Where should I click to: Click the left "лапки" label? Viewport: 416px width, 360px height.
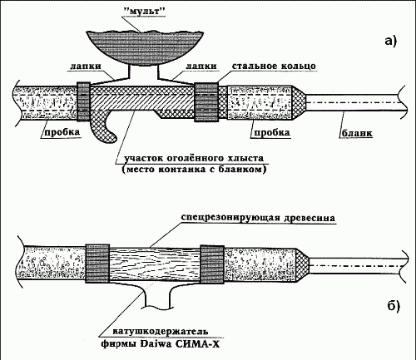(86, 67)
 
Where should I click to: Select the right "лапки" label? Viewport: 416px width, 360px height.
(201, 67)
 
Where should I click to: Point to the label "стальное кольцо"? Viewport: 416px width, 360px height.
(274, 67)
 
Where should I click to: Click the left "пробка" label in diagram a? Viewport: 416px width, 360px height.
(62, 132)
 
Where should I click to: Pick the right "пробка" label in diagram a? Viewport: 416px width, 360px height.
(272, 132)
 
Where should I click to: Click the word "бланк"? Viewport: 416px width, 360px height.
(357, 133)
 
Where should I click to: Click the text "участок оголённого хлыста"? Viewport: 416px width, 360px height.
(194, 158)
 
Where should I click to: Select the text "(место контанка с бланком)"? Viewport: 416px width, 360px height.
(194, 169)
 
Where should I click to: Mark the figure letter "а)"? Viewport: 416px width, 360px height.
(391, 41)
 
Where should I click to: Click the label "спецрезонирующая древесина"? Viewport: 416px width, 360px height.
(258, 218)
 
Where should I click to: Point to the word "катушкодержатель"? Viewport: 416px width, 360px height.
(161, 331)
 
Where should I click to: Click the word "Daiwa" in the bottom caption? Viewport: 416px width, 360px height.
(156, 344)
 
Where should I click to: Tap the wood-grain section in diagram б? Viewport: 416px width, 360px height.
(155, 264)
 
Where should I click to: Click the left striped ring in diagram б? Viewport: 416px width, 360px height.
(97, 264)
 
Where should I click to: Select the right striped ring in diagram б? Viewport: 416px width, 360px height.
(212, 264)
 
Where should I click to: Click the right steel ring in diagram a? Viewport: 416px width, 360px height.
(206, 102)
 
